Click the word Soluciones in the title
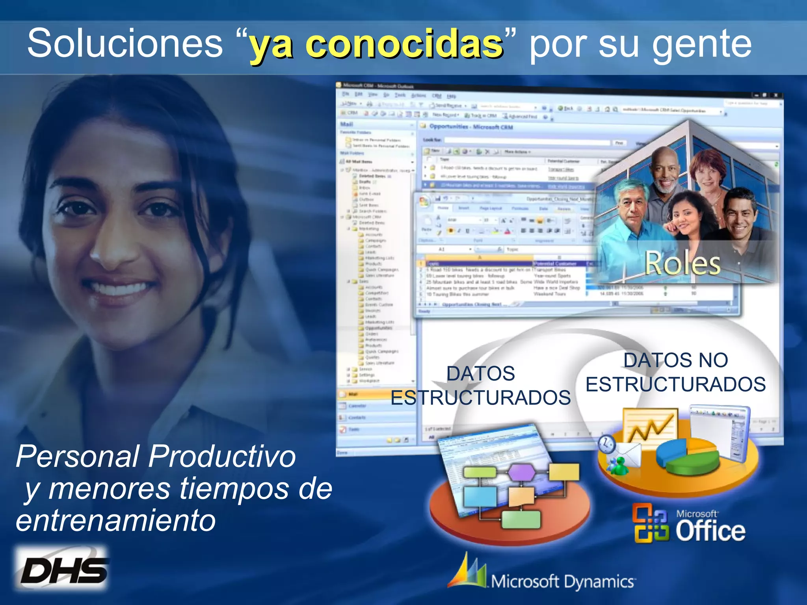click(x=125, y=43)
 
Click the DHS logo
click(x=63, y=570)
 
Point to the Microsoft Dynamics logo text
click(x=562, y=581)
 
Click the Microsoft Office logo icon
click(x=651, y=523)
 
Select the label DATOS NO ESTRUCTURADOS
click(x=675, y=372)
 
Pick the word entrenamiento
click(x=116, y=521)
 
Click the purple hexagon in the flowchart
click(x=522, y=471)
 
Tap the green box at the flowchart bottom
click(x=521, y=519)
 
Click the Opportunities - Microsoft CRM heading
click(x=470, y=126)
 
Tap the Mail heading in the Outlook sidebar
click(x=347, y=124)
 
